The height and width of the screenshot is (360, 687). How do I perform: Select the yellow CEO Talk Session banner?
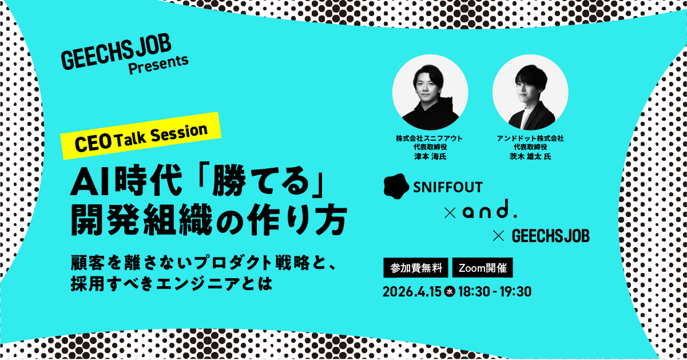click(140, 135)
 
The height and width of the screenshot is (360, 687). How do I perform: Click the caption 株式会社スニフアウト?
click(430, 138)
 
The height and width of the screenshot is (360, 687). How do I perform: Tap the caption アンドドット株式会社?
click(530, 138)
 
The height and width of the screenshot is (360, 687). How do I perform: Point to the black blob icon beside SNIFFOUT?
click(396, 186)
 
